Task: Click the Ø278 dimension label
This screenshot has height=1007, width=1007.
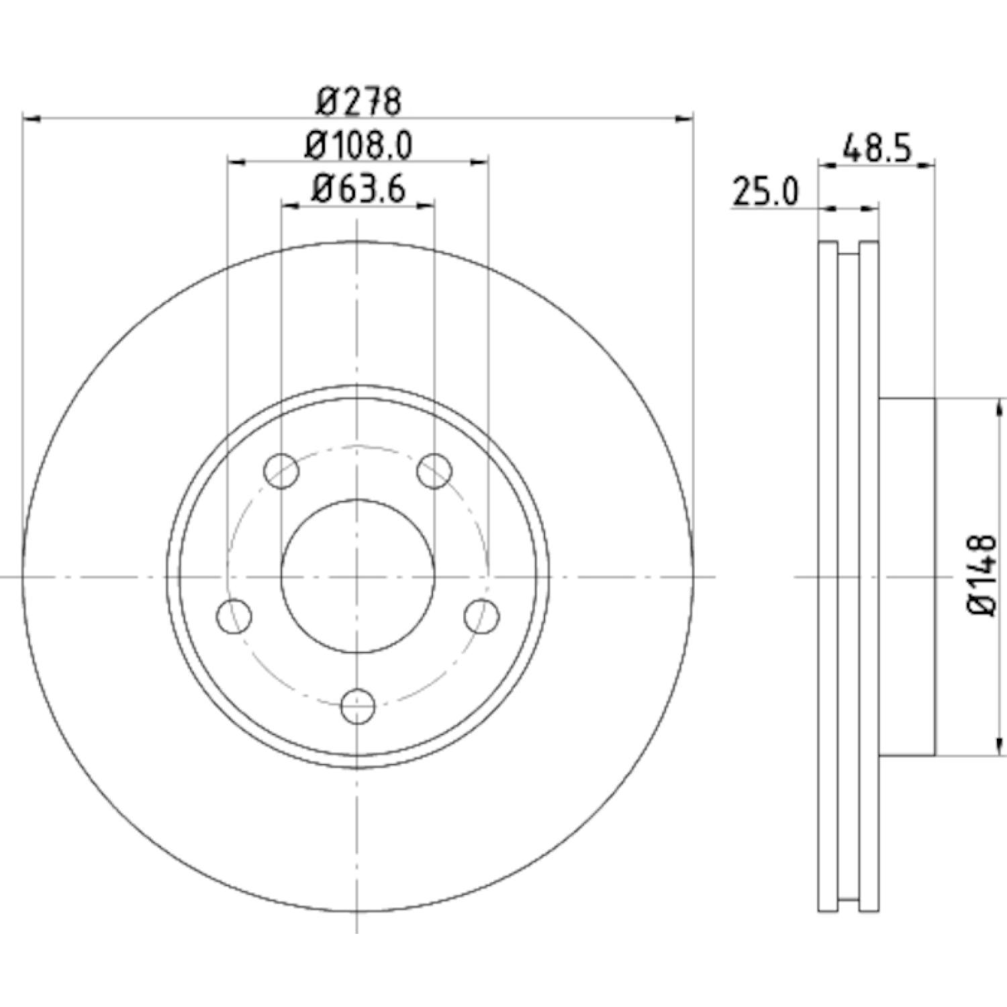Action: pos(358,102)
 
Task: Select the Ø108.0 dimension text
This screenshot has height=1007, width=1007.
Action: pos(358,146)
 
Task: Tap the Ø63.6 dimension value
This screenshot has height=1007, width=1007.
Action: pos(358,190)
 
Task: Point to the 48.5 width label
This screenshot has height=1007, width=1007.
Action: pos(877,149)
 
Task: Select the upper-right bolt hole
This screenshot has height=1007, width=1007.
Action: pos(434,471)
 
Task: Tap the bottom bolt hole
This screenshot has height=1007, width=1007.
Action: pos(358,706)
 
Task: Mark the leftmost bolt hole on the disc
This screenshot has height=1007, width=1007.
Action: pos(235,616)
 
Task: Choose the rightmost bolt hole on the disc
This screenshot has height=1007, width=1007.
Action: pos(482,616)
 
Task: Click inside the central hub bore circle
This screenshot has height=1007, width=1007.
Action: pos(358,576)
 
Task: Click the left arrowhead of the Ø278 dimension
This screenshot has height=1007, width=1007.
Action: pos(31,119)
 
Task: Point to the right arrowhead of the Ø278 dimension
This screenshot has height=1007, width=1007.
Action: pos(684,119)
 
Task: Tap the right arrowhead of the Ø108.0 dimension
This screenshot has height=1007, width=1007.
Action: pos(480,162)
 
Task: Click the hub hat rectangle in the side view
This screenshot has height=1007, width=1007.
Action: pos(906,576)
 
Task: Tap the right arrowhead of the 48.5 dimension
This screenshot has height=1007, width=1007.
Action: pos(927,163)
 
